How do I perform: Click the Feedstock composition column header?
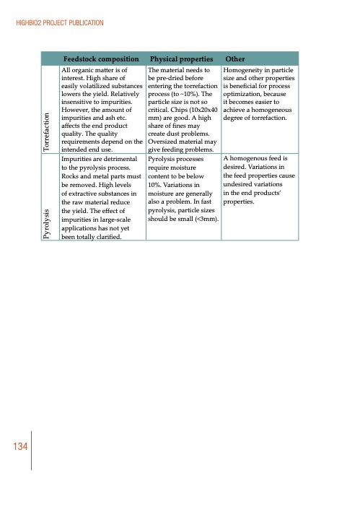tap(100, 58)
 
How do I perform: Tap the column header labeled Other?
tap(235, 58)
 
